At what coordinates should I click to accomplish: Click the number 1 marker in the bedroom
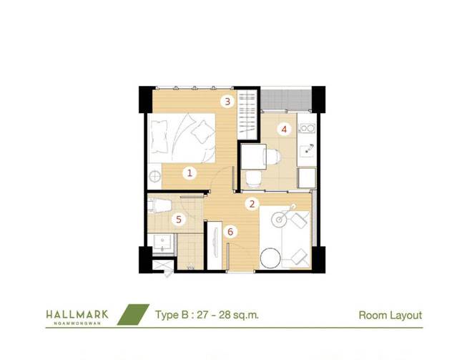point(190,173)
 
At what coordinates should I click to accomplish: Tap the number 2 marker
point(252,204)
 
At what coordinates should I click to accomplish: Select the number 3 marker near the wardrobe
point(227,102)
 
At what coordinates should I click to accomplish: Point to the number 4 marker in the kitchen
point(284,130)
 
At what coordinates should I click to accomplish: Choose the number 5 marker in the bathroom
point(179,219)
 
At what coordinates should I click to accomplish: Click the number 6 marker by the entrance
point(230,232)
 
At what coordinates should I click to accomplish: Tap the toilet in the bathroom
point(159,205)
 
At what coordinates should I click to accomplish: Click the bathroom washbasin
point(162,243)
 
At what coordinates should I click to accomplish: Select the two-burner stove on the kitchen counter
point(307,128)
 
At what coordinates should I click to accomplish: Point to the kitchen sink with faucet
point(307,149)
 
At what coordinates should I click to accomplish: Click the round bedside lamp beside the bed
point(155,176)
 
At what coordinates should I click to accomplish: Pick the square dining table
point(254,157)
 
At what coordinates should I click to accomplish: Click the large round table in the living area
point(270,258)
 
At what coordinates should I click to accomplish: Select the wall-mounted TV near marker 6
point(215,242)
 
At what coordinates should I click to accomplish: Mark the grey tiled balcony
point(286,99)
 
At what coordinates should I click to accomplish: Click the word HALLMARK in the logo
point(77,314)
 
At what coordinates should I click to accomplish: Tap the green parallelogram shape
point(133,314)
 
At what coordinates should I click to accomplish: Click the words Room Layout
point(390,316)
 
